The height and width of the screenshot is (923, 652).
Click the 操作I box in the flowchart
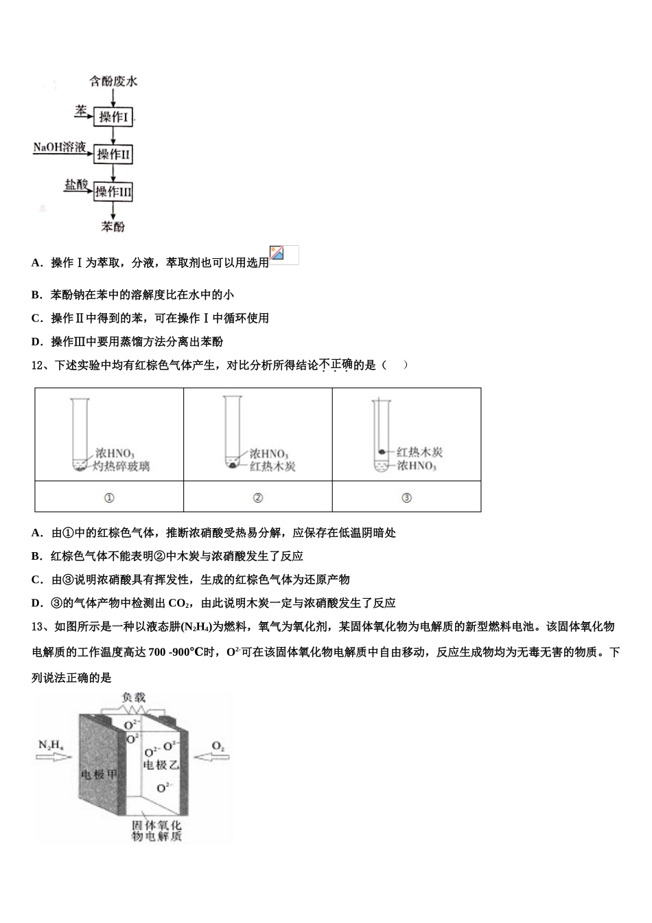113,117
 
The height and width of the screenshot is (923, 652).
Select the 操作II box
113,155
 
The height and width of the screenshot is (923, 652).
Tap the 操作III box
113,192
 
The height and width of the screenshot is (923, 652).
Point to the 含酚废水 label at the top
113,81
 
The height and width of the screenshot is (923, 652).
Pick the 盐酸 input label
76,185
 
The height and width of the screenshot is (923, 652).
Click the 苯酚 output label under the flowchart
113,226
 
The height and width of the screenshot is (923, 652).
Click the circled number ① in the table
108,498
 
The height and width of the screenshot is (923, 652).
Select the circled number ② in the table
257,498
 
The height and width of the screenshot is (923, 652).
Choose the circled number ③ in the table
406,498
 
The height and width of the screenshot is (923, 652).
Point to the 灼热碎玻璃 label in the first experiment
121,466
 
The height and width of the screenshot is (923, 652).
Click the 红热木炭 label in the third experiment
420,452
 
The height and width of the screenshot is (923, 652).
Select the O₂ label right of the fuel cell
218,745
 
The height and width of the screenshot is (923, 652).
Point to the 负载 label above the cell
134,698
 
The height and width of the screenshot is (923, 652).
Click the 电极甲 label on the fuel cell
99,775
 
